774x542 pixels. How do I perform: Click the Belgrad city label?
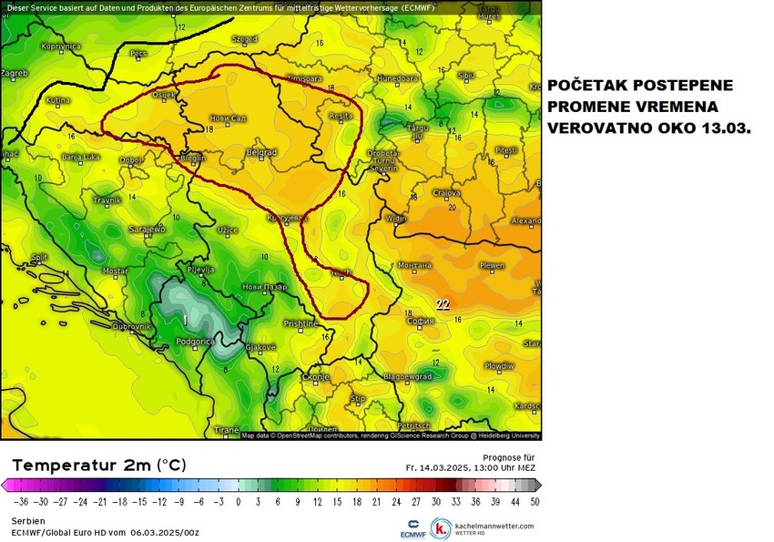pos(262,152)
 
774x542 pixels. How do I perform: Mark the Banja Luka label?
pos(83,158)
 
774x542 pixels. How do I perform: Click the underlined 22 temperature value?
pos(443,305)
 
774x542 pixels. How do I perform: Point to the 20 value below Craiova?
pos(453,207)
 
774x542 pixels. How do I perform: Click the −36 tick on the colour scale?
pos(17,500)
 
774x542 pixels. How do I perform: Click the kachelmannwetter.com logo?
pos(483,528)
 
